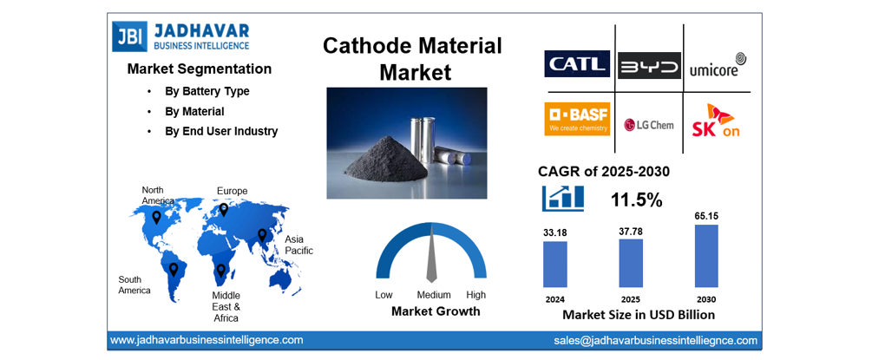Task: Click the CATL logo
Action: pos(577,64)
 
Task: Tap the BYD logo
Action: pos(649,65)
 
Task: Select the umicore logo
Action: pos(717,64)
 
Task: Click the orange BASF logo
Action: pos(577,119)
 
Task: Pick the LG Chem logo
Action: pos(649,124)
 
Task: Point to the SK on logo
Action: pos(717,121)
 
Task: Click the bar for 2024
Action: pos(554,264)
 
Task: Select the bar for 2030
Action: pos(706,256)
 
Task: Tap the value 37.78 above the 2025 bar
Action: pos(630,231)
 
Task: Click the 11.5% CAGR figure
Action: pos(636,200)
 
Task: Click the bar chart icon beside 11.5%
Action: pos(562,199)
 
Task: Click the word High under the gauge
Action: pos(475,295)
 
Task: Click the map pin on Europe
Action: pos(223,209)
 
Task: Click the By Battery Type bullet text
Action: pos(207,91)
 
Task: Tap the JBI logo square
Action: pos(129,36)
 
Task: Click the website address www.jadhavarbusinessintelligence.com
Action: pos(207,340)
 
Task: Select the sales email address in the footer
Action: pos(655,341)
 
